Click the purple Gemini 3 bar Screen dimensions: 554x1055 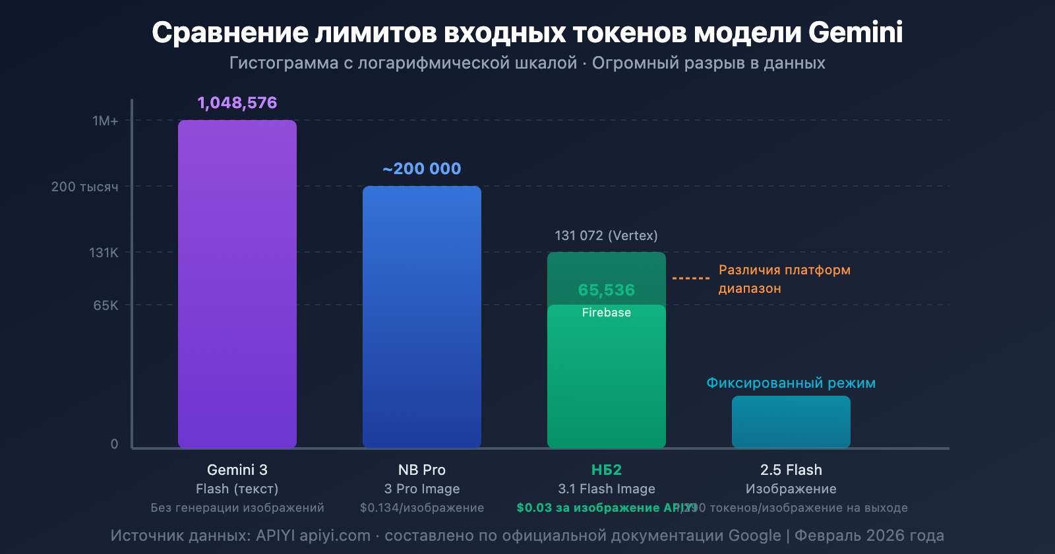coord(237,284)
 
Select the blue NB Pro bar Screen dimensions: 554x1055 coord(422,317)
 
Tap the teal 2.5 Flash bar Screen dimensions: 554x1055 coord(791,422)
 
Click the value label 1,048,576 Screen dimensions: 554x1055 coord(237,103)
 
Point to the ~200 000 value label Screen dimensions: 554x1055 coord(422,169)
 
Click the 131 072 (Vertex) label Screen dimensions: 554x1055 coord(606,235)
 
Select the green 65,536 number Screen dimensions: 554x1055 coord(606,290)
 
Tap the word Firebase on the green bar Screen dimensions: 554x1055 coord(606,313)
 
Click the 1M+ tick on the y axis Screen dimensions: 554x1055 coord(105,121)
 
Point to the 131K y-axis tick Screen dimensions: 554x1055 coord(104,253)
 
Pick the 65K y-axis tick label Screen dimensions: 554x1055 coord(105,305)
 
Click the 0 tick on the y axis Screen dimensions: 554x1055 coord(114,444)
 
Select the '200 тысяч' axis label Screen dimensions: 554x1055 coord(85,187)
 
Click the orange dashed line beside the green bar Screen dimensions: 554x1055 coord(690,278)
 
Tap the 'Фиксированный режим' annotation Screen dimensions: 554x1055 coord(791,383)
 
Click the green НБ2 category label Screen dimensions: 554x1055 coord(606,470)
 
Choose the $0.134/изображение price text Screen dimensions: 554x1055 coord(422,508)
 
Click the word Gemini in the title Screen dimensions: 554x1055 coord(855,32)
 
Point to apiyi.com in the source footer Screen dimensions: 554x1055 coord(335,536)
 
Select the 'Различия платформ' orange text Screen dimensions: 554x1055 coord(784,270)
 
